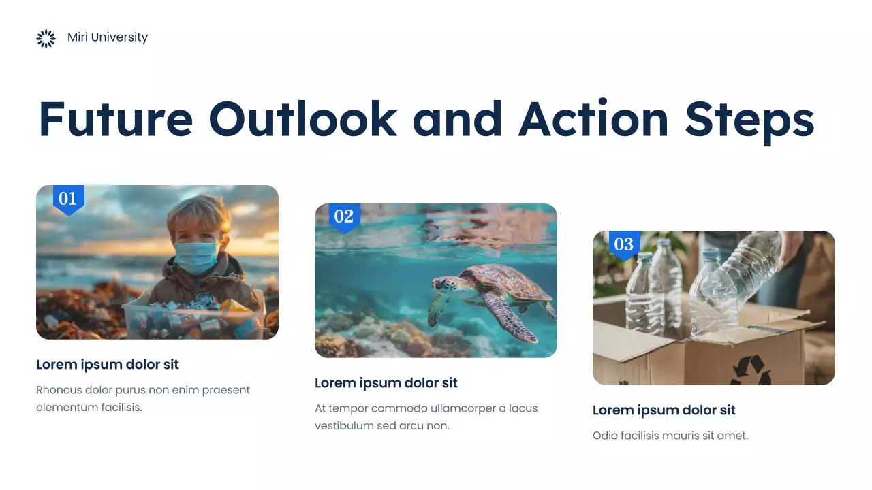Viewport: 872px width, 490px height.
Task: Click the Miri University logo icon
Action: point(46,39)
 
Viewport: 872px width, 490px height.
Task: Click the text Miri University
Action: point(108,37)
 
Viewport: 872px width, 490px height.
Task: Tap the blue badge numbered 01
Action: point(68,199)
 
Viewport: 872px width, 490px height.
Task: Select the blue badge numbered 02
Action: point(344,217)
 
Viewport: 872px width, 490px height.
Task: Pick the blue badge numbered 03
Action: point(623,245)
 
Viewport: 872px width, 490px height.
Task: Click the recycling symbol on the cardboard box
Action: point(751,370)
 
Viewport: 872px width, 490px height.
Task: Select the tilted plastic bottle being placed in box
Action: point(732,282)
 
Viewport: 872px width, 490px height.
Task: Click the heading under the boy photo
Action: point(108,365)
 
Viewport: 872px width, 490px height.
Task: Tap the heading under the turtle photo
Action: point(386,383)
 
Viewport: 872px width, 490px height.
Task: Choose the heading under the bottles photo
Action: point(664,410)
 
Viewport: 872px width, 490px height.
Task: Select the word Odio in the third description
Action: point(604,436)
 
